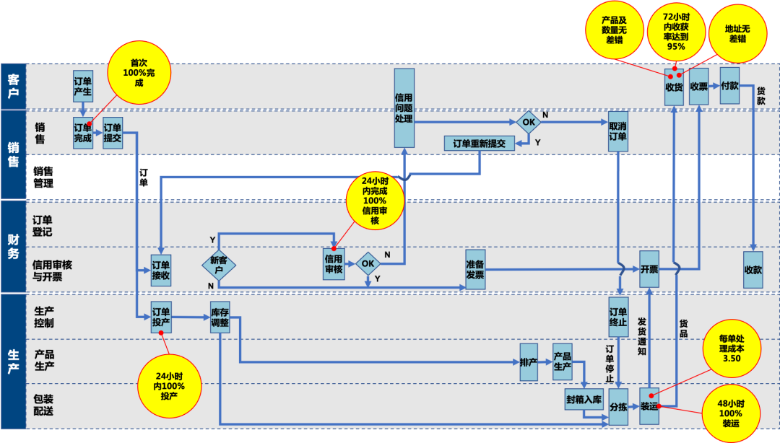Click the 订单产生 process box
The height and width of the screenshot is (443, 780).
pyautogui.click(x=83, y=86)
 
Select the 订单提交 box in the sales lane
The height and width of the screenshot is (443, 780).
pyautogui.click(x=113, y=133)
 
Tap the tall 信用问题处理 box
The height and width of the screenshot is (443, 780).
pyautogui.click(x=404, y=107)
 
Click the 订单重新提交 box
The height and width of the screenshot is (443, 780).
pyautogui.click(x=479, y=143)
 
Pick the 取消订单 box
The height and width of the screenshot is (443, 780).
pyautogui.click(x=617, y=131)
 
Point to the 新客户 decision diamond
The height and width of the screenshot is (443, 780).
pyautogui.click(x=218, y=265)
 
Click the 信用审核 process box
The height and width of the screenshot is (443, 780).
pyautogui.click(x=334, y=264)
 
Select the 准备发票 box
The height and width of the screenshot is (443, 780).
pyautogui.click(x=475, y=269)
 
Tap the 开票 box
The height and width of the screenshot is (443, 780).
pyautogui.click(x=649, y=269)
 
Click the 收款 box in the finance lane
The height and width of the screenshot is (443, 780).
pyautogui.click(x=753, y=270)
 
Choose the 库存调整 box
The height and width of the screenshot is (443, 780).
pyautogui.click(x=220, y=317)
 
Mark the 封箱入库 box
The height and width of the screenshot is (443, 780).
pyautogui.click(x=584, y=399)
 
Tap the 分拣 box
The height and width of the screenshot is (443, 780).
pyautogui.click(x=618, y=406)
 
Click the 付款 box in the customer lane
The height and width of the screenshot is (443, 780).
pyautogui.click(x=729, y=87)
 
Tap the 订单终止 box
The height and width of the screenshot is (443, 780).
pyautogui.click(x=618, y=317)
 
